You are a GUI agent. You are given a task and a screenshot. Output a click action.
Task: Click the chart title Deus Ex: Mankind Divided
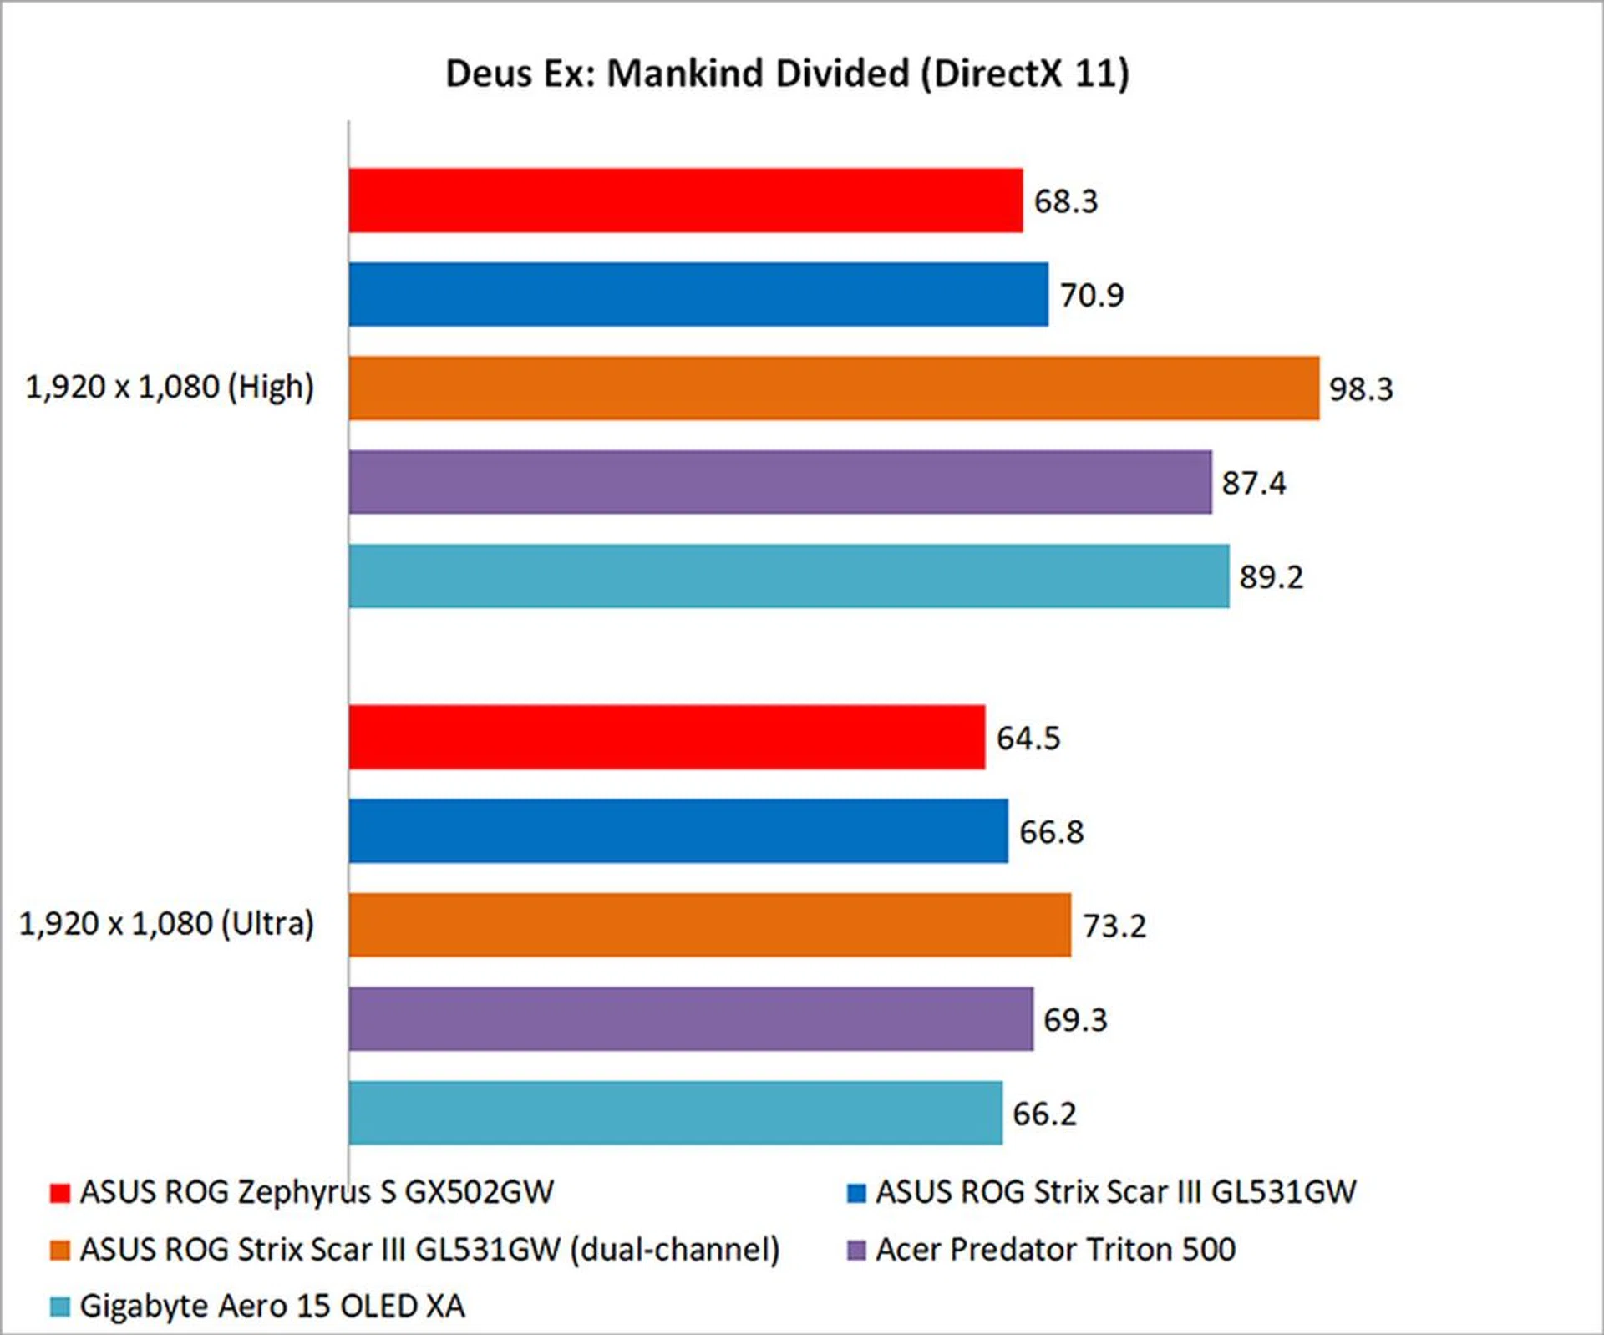click(787, 74)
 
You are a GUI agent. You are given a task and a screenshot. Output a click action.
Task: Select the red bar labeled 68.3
click(685, 201)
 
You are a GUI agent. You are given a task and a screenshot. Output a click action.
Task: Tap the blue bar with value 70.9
click(698, 295)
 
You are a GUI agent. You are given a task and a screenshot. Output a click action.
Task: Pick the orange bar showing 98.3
click(834, 388)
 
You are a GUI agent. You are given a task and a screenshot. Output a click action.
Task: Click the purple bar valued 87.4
click(780, 482)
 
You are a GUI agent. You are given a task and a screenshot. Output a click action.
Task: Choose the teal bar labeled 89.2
click(789, 576)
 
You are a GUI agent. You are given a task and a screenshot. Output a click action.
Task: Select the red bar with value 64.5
click(667, 737)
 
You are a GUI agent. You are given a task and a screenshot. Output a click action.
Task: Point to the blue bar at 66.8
click(678, 831)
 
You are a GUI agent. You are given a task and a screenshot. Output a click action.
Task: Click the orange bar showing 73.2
click(710, 925)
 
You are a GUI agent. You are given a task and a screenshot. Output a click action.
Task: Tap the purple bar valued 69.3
click(691, 1019)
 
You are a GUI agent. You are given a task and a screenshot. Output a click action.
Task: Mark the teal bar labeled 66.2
click(675, 1113)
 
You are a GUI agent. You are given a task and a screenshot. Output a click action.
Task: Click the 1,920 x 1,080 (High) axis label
click(170, 388)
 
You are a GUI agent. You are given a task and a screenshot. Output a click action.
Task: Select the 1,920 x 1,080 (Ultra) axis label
click(166, 924)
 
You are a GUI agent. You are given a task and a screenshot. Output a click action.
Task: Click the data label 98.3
click(1361, 389)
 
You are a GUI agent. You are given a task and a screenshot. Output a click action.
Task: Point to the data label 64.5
click(1028, 739)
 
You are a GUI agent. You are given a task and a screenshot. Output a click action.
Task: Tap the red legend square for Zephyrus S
click(59, 1193)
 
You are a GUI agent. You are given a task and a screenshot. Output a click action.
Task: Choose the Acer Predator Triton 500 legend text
click(1055, 1250)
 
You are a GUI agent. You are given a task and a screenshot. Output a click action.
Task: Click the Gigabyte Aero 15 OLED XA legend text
click(272, 1306)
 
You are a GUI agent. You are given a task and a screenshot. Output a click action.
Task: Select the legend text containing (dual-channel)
click(429, 1250)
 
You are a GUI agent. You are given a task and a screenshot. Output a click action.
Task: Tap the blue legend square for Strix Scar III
click(856, 1193)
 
